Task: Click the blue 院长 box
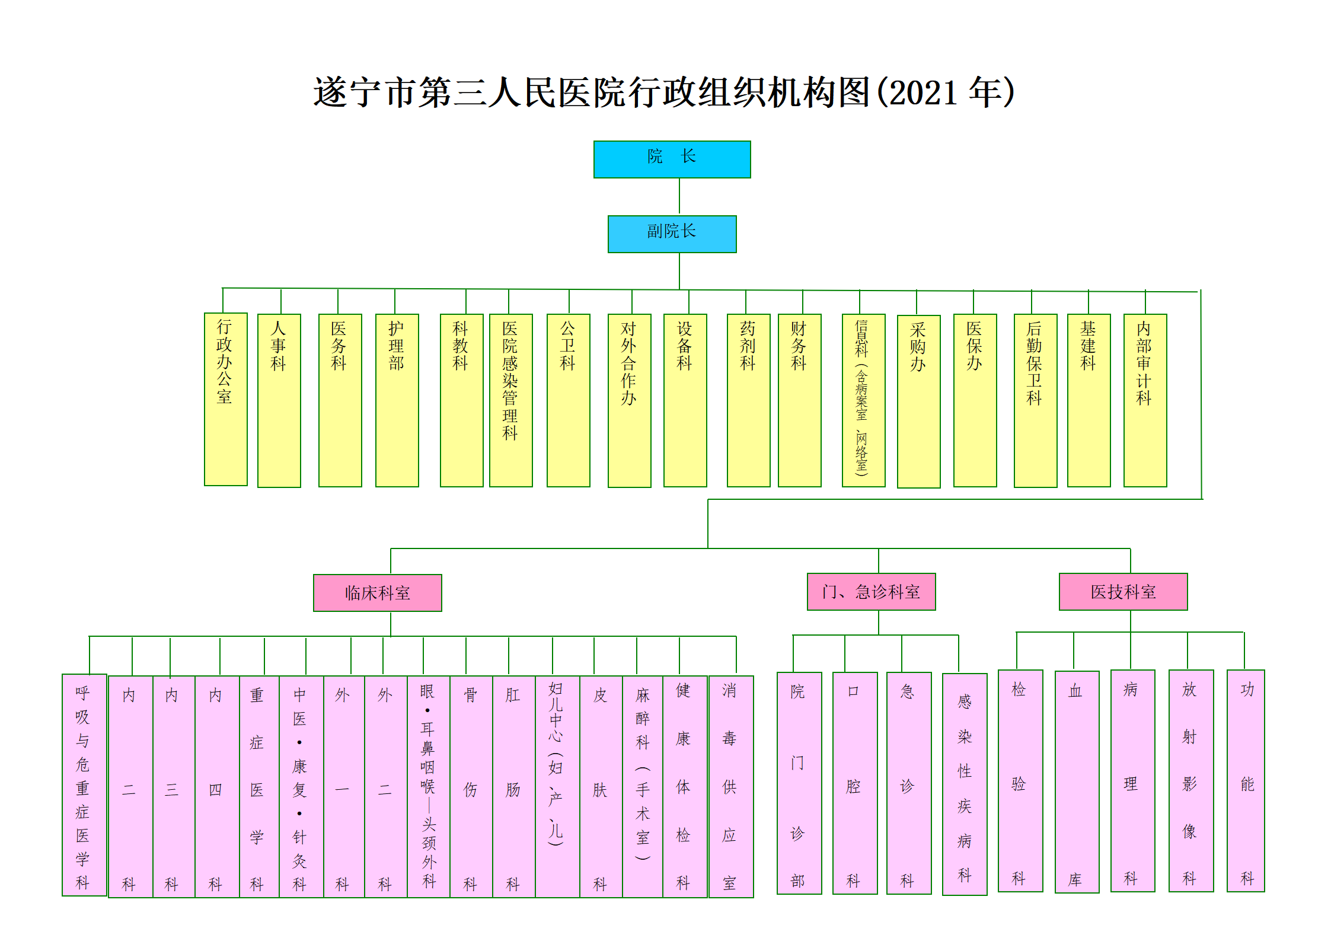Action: click(x=672, y=159)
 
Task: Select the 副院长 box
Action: click(x=672, y=234)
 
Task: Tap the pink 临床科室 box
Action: click(x=377, y=592)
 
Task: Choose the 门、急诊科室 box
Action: click(x=871, y=591)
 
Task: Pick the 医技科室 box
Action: click(x=1123, y=591)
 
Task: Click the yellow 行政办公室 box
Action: click(x=225, y=399)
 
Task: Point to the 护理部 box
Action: click(x=397, y=400)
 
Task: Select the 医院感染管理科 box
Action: click(x=510, y=400)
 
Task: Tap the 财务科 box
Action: click(x=799, y=400)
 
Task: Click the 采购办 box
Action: click(x=918, y=401)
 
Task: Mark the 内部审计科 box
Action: click(x=1145, y=400)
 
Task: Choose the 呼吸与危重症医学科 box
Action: click(x=84, y=784)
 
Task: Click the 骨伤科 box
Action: click(x=471, y=786)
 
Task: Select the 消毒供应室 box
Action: click(x=730, y=786)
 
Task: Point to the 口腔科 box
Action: click(x=854, y=783)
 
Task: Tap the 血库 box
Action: click(x=1077, y=781)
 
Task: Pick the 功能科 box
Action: click(x=1246, y=780)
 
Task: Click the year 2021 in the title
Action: click(x=923, y=93)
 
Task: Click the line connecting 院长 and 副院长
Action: click(x=679, y=196)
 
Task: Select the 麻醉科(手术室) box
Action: click(x=643, y=786)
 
